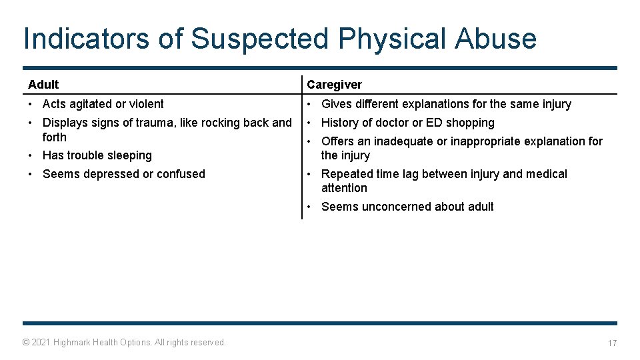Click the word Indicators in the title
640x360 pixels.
click(86, 39)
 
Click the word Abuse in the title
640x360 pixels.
click(495, 39)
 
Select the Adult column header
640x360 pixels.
click(43, 85)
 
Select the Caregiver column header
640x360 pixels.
click(334, 85)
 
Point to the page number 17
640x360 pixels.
click(611, 343)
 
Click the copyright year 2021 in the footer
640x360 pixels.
click(41, 342)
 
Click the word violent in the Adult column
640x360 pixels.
click(146, 104)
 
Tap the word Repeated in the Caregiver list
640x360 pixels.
click(346, 174)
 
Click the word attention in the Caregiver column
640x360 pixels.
click(344, 188)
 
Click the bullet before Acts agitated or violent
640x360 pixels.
click(31, 104)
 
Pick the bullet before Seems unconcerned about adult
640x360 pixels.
click(310, 207)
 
